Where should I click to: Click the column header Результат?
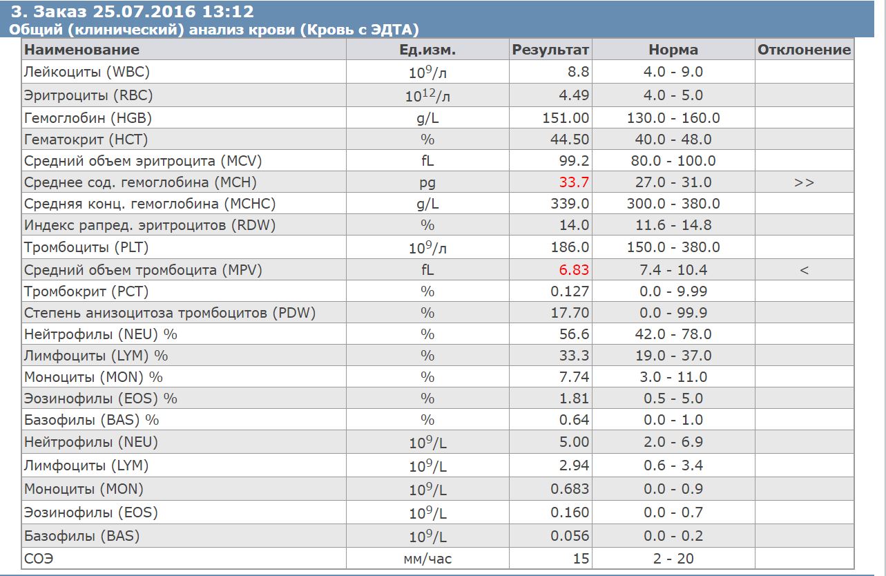550,50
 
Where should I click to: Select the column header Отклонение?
804,50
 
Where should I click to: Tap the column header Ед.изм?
427,50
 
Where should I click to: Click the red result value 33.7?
574,182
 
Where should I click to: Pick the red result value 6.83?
574,270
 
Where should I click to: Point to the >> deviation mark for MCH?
804,183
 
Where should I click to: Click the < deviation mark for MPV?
804,271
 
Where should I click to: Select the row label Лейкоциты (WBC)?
86,72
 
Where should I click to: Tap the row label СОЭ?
39,559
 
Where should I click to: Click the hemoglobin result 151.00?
566,118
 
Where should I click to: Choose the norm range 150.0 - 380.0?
673,247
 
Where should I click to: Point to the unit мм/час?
427,559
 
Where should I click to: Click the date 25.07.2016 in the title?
144,12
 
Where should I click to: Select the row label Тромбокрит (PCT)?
86,291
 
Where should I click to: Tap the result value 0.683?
570,489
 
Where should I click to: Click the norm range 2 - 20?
673,559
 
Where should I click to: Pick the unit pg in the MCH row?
427,184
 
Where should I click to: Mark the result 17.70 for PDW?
570,313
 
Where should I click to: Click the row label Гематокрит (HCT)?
86,140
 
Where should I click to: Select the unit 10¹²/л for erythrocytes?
427,95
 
